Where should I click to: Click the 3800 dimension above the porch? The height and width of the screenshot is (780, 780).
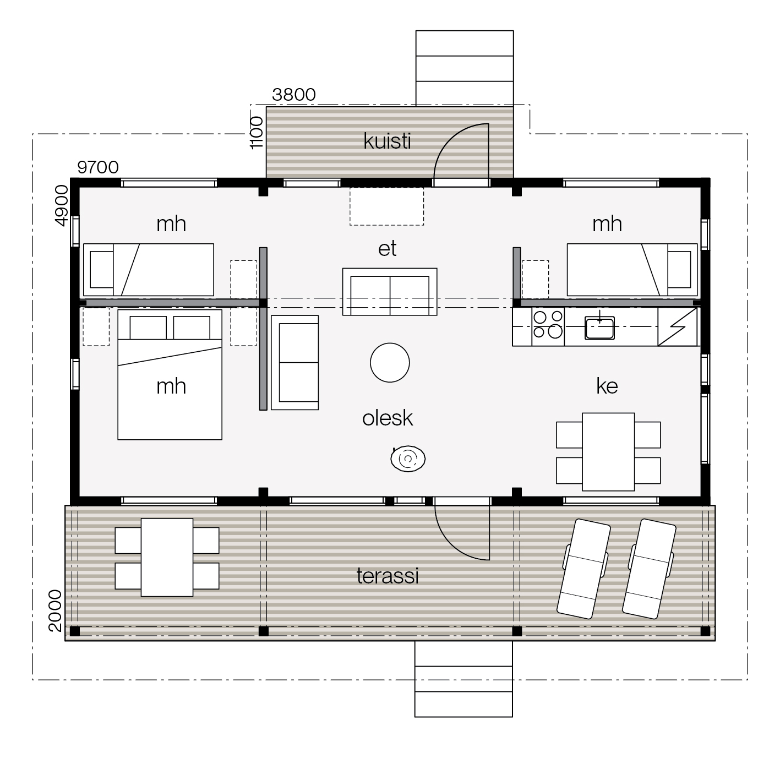pos(294,95)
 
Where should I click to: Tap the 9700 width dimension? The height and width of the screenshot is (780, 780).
pos(98,167)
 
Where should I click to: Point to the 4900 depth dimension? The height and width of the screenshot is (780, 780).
pos(61,206)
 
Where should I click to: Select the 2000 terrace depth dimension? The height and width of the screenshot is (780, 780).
pos(55,611)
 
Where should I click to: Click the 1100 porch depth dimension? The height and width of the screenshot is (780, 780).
pos(257,133)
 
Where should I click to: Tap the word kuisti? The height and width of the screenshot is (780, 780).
pos(387,141)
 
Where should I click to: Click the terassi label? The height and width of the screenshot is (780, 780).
pos(388,576)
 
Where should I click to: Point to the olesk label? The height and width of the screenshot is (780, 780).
pos(388,418)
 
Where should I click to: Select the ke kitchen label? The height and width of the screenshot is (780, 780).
pos(607,386)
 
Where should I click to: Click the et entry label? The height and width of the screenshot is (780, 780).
pos(388,248)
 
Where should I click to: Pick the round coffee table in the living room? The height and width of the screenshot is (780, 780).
pos(390,363)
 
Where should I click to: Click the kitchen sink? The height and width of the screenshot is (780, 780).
pos(599,328)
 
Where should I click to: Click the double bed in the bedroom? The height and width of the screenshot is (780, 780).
pos(170,374)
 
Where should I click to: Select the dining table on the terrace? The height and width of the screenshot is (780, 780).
pos(167,558)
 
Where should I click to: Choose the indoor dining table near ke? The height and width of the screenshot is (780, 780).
pos(608,452)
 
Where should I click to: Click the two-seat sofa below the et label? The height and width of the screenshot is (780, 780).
pos(390,292)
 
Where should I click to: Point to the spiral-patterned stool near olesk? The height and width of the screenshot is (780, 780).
pos(408,459)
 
